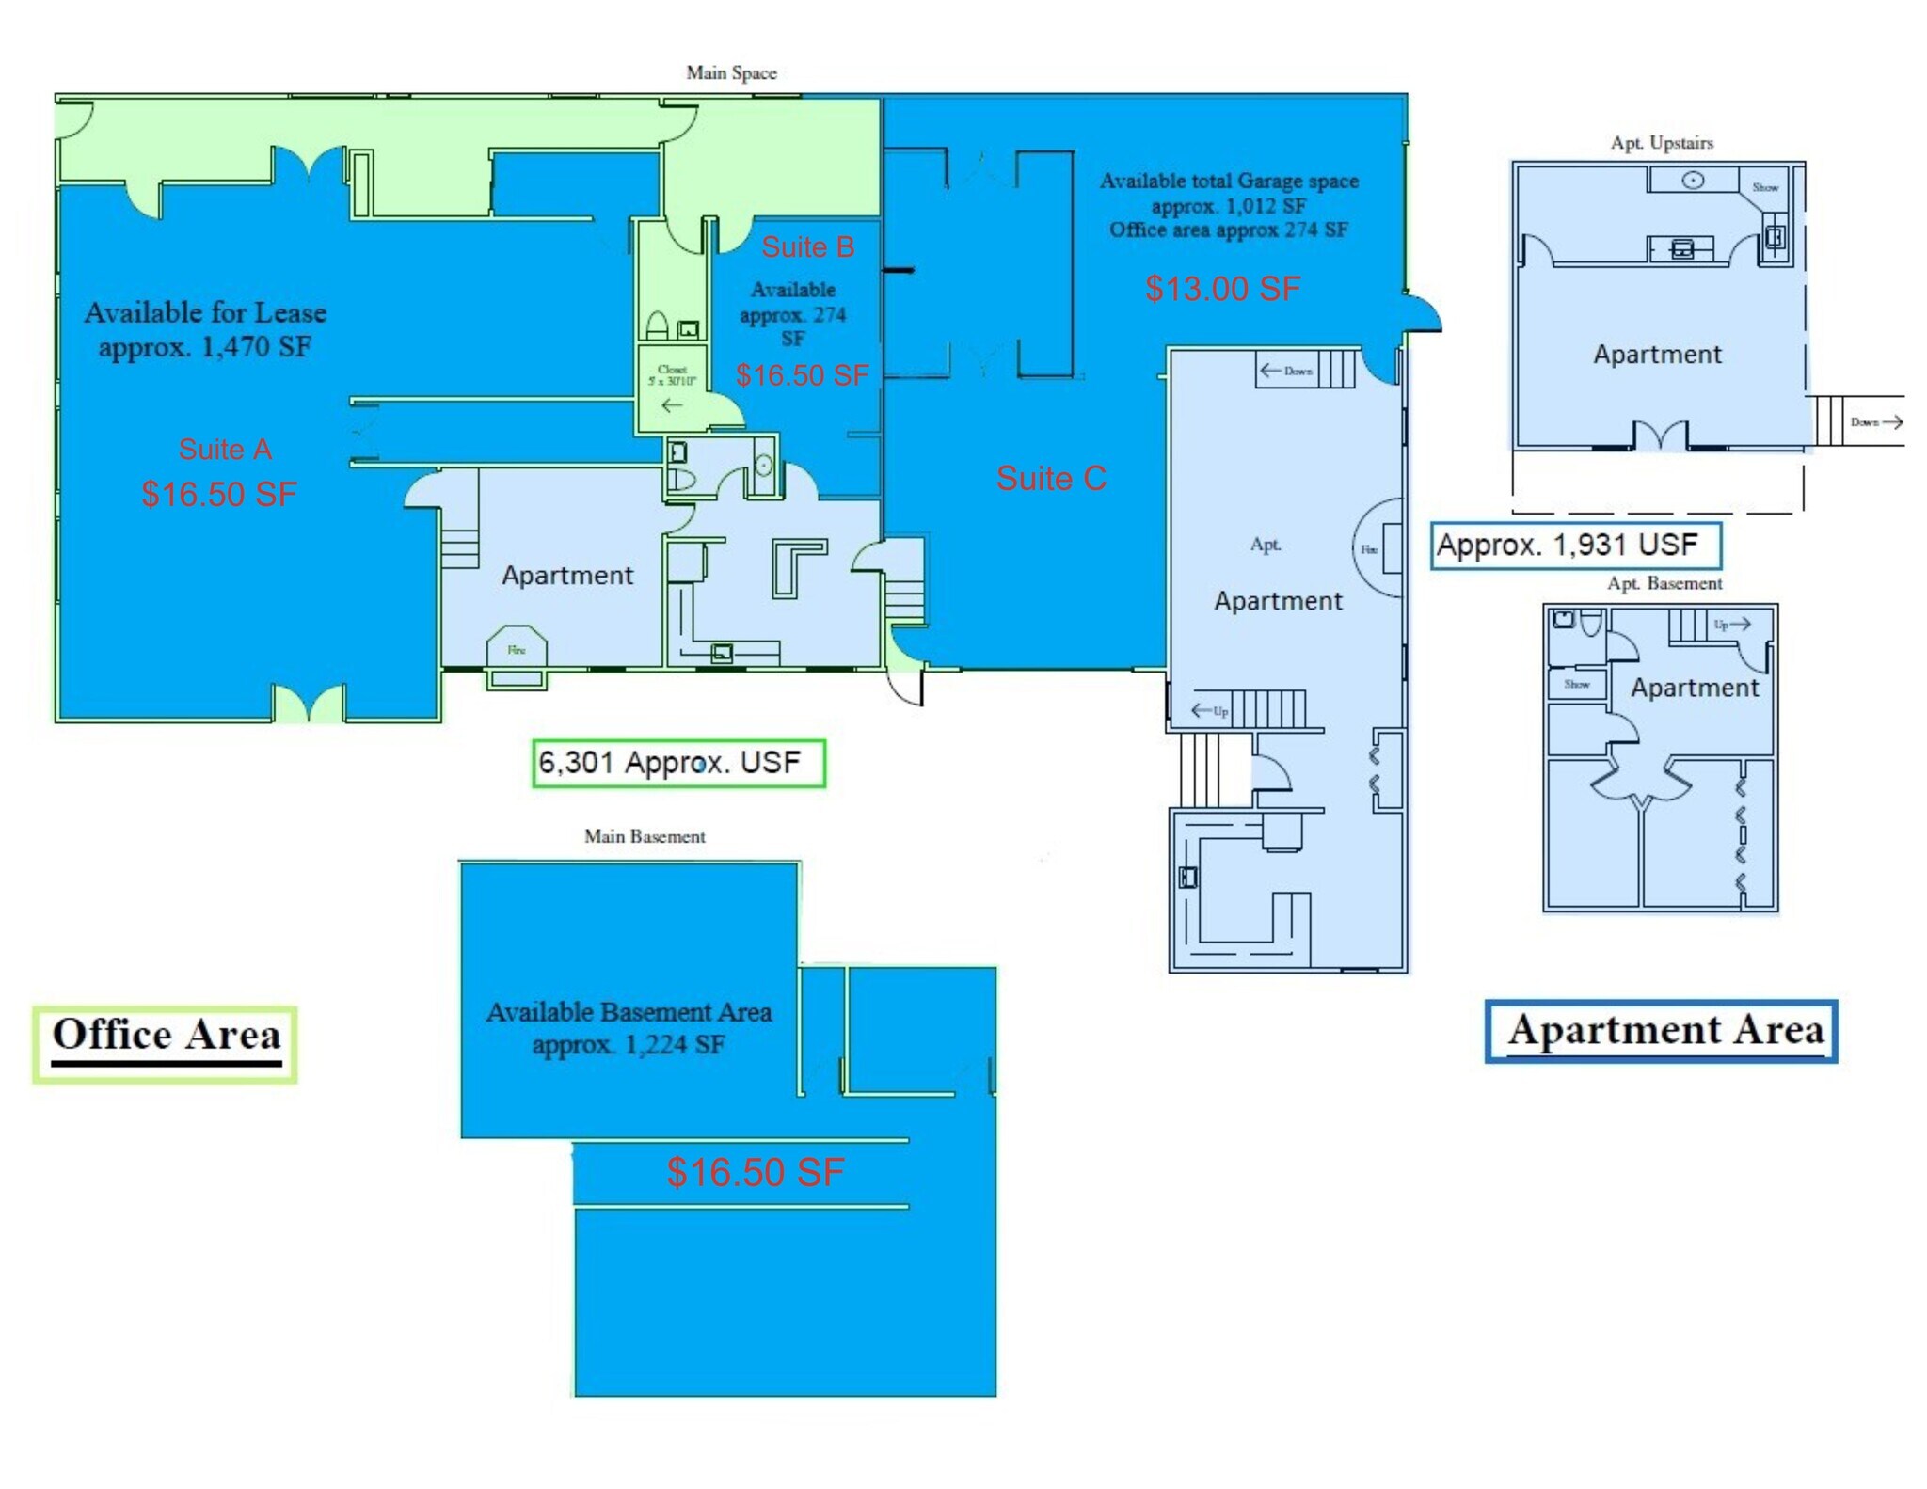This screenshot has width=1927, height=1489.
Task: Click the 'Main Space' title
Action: pyautogui.click(x=731, y=72)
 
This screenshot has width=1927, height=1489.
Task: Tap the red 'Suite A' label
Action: pyautogui.click(x=225, y=449)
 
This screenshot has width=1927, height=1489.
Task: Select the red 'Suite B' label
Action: pyautogui.click(x=807, y=246)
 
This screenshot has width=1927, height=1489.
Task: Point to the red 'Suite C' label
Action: pyautogui.click(x=1051, y=478)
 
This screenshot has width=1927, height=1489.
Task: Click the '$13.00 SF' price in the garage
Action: pyautogui.click(x=1222, y=288)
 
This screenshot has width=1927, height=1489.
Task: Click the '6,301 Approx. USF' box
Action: pyautogui.click(x=678, y=763)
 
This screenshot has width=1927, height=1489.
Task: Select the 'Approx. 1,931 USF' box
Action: pyautogui.click(x=1575, y=546)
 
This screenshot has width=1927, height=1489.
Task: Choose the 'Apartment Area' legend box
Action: pyautogui.click(x=1661, y=1032)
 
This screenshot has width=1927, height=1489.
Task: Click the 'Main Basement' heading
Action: pyautogui.click(x=645, y=836)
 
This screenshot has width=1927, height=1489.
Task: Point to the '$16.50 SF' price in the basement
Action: pyautogui.click(x=755, y=1172)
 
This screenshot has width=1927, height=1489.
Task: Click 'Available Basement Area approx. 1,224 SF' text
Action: pyautogui.click(x=629, y=1027)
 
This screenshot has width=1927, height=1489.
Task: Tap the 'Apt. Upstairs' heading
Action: pyautogui.click(x=1662, y=143)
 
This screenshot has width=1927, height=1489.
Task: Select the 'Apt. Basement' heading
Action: pyautogui.click(x=1664, y=583)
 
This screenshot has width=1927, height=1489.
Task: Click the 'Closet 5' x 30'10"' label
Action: pyautogui.click(x=672, y=375)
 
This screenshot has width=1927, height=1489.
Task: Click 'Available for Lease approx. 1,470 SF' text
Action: pyautogui.click(x=205, y=329)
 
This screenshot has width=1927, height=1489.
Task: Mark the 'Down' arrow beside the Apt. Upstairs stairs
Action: pyautogui.click(x=1876, y=422)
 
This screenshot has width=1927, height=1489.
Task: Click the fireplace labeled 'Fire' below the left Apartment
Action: pyautogui.click(x=517, y=651)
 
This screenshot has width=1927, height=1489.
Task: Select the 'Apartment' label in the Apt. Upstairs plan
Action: pyautogui.click(x=1657, y=355)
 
